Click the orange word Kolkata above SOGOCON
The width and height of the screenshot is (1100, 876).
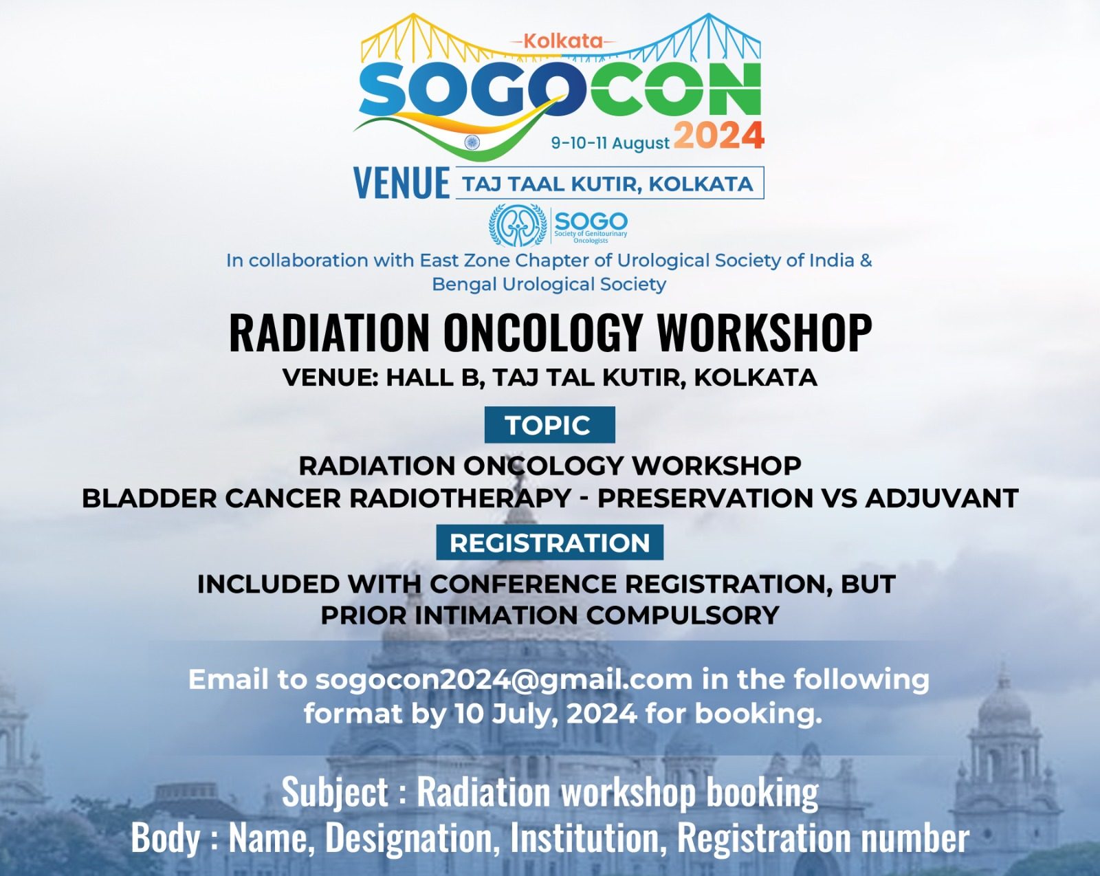point(563,41)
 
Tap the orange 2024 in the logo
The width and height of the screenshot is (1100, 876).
point(718,135)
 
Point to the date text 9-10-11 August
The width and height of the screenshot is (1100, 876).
point(610,142)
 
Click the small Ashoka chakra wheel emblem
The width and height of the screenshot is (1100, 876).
point(472,142)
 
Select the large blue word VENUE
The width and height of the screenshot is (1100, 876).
point(401,183)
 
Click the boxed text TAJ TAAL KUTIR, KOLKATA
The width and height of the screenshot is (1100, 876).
point(607,184)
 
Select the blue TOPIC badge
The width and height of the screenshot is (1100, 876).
point(549,425)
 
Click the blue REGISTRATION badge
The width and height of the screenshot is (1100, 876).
point(549,543)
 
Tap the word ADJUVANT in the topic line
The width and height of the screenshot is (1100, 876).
point(942,498)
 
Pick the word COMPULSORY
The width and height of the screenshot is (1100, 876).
point(683,615)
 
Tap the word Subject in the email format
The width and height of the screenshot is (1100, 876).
point(335,792)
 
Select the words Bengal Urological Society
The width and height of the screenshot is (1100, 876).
point(549,285)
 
